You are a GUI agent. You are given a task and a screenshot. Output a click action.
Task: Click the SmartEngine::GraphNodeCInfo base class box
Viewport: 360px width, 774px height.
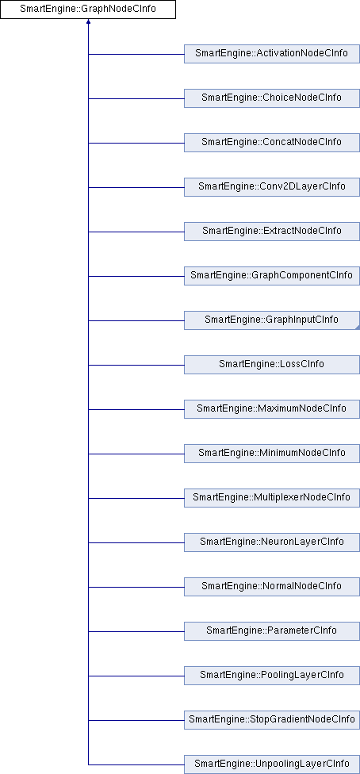pos(88,10)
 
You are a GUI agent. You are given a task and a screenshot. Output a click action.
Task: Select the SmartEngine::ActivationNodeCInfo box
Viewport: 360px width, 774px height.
pos(272,54)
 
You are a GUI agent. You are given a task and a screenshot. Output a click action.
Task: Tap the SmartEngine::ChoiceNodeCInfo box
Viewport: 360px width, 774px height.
pos(272,98)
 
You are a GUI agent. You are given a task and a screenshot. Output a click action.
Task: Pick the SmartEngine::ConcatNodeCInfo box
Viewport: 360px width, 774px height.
pos(272,143)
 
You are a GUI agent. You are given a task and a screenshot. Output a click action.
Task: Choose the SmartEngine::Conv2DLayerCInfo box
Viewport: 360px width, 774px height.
pos(272,187)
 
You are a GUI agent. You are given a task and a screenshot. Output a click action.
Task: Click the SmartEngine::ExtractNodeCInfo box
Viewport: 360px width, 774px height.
pos(272,232)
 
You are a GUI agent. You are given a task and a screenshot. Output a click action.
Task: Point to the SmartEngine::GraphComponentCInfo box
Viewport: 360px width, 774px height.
pos(272,276)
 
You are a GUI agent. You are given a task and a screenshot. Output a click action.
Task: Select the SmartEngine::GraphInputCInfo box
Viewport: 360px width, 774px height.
pos(272,320)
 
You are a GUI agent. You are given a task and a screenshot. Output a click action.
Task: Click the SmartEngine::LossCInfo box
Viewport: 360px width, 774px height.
pos(272,365)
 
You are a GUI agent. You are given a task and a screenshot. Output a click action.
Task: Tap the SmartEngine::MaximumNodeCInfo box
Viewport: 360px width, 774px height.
pos(272,409)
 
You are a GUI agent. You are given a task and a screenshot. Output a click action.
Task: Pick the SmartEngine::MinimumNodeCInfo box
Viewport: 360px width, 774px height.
pos(272,454)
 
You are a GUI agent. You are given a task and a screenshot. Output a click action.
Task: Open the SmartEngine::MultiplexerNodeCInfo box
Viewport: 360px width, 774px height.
pos(272,498)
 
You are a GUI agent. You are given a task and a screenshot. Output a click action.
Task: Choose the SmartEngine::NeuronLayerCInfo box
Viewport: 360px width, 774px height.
pos(272,542)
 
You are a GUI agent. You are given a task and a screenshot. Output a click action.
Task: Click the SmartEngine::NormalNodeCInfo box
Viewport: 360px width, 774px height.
pos(272,587)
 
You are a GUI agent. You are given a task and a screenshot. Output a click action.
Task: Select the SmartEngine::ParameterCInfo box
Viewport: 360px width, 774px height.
pos(272,631)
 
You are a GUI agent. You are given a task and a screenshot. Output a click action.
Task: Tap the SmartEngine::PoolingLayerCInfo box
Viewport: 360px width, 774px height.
pos(272,676)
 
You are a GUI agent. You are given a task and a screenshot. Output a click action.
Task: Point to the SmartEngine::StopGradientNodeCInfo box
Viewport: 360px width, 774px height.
pos(272,720)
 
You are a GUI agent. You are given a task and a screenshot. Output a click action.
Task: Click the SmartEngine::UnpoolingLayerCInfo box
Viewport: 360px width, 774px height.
pos(272,764)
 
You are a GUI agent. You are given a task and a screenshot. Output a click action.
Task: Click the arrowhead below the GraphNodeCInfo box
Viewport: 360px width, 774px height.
pos(88,21)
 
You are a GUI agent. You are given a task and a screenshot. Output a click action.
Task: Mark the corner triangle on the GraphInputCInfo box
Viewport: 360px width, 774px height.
pos(357,328)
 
